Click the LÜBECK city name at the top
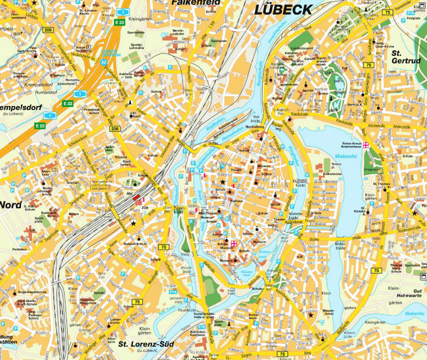click(x=282, y=9)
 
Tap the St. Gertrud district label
click(x=404, y=56)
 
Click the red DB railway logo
click(x=138, y=202)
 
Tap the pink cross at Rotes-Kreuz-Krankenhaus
click(x=366, y=145)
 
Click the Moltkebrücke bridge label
click(x=340, y=245)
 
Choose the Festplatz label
click(x=413, y=18)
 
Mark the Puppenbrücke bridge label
click(x=178, y=209)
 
